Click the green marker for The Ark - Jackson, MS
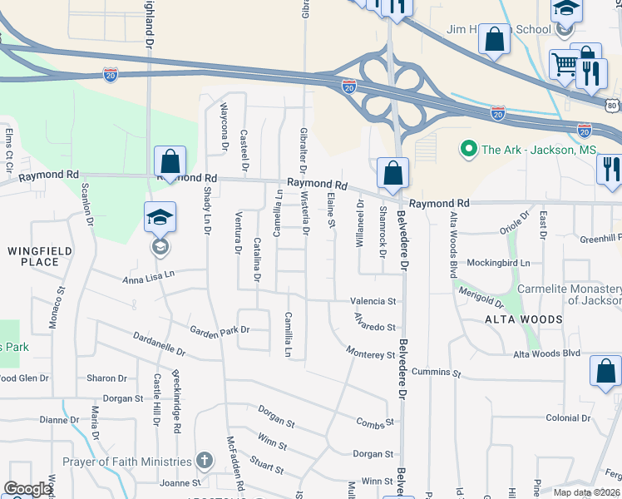467,150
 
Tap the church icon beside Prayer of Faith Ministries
205,462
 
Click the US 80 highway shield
612,106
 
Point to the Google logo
27,489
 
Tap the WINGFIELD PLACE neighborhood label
40,256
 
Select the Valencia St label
373,301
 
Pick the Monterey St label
371,354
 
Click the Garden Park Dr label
219,330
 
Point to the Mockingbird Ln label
498,263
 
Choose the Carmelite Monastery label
569,294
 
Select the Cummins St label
436,373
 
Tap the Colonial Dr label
567,418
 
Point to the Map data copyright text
585,492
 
